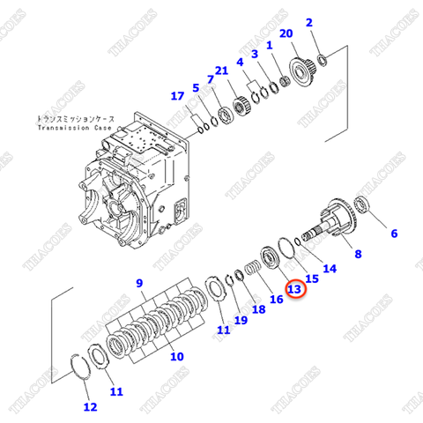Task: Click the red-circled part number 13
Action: pos(294,289)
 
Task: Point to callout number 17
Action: pos(178,96)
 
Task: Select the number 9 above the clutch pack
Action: pos(138,282)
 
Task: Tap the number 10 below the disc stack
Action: pos(177,357)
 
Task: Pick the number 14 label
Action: pos(330,268)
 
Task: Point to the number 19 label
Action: pos(241,320)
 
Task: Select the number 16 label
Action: pos(276,300)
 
